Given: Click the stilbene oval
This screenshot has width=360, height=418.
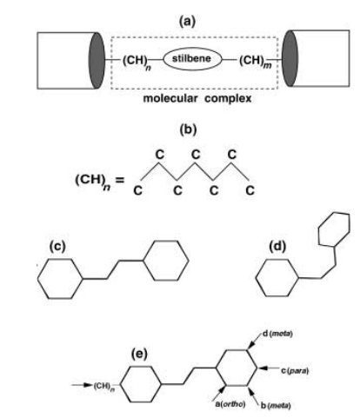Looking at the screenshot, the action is (x=163, y=59).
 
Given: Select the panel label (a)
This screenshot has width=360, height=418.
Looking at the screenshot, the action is (x=188, y=22).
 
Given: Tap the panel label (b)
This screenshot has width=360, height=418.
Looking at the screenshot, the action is (x=188, y=129).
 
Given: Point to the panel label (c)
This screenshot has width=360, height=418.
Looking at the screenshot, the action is (x=57, y=247).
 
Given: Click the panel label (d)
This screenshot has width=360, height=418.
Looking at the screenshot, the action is (x=277, y=247).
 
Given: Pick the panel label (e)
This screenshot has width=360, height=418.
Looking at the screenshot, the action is (x=139, y=354).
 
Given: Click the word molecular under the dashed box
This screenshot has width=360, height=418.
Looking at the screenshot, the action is (x=170, y=98).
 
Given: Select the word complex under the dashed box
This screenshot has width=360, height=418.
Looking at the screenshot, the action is (x=228, y=99).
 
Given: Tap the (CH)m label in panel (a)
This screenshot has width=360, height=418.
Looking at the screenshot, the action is (x=256, y=62).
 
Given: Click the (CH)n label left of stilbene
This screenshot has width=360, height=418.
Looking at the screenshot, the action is (x=137, y=63).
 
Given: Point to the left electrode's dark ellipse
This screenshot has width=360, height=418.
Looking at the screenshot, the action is (x=97, y=61).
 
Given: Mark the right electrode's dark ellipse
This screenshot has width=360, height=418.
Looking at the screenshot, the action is (x=290, y=58).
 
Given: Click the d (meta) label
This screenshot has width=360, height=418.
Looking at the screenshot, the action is (x=277, y=334).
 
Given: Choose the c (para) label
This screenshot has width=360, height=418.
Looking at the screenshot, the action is (x=295, y=370).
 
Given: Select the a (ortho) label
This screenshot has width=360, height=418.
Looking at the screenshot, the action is (x=230, y=404).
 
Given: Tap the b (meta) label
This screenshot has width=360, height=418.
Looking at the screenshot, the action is (x=276, y=406).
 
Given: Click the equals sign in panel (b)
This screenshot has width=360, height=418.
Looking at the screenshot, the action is (x=120, y=181).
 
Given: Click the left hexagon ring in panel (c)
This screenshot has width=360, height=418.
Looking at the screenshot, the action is (x=38, y=279).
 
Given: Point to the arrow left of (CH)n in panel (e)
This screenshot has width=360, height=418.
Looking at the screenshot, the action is (x=82, y=385).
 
